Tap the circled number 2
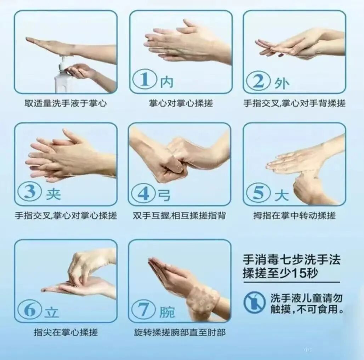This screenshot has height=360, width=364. tap(258, 80)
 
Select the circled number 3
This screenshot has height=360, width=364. tap(30, 192)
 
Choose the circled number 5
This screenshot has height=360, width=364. tap(258, 193)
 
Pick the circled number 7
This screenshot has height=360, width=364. tap(143, 310)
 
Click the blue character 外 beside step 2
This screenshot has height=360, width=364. tap(281, 83)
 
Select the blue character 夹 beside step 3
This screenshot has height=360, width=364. tap(53, 194)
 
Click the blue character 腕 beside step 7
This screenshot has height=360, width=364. tap(167, 312)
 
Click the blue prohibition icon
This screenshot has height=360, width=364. tap(255, 302)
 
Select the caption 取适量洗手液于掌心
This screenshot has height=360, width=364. tap(66, 103)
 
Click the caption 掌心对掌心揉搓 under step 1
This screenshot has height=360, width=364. tap(181, 103)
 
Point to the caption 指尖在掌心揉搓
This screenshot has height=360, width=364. tap(66, 332)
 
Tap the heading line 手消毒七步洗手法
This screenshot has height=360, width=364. tap(291, 260)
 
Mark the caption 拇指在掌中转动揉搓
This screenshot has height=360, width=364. tap(294, 216)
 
